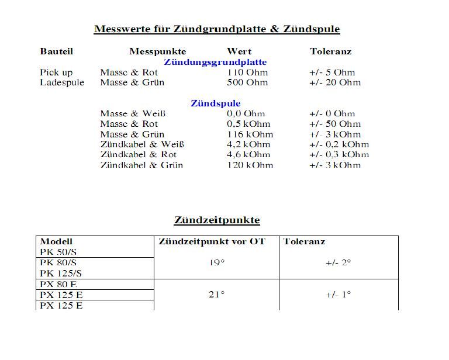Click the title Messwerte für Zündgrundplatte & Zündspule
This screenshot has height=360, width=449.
pyautogui.click(x=217, y=29)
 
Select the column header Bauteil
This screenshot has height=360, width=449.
pyautogui.click(x=57, y=51)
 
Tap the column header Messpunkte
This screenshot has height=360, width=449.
pyautogui.click(x=158, y=51)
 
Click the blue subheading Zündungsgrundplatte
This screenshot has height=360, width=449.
pyautogui.click(x=215, y=62)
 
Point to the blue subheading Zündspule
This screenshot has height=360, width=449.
pyautogui.click(x=215, y=103)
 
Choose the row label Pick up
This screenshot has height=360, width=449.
pyautogui.click(x=56, y=72)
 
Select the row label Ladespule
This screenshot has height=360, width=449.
pyautogui.click(x=62, y=82)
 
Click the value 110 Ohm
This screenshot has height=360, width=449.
pyautogui.click(x=247, y=72)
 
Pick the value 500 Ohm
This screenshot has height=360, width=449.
pyautogui.click(x=247, y=82)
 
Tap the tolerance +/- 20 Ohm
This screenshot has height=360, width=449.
pyautogui.click(x=335, y=82)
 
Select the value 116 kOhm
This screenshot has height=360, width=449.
pyautogui.click(x=250, y=134)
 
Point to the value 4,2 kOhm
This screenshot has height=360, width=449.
pyautogui.click(x=248, y=144)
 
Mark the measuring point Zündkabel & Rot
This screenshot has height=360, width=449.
pyautogui.click(x=139, y=155)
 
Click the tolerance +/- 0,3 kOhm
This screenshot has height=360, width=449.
pyautogui.click(x=339, y=155)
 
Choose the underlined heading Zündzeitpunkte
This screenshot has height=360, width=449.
pyautogui.click(x=217, y=220)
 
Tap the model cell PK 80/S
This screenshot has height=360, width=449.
pyautogui.click(x=58, y=263)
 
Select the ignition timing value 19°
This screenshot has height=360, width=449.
pyautogui.click(x=216, y=263)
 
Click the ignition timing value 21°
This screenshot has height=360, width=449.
pyautogui.click(x=216, y=295)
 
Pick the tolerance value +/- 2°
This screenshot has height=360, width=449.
pyautogui.click(x=338, y=263)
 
